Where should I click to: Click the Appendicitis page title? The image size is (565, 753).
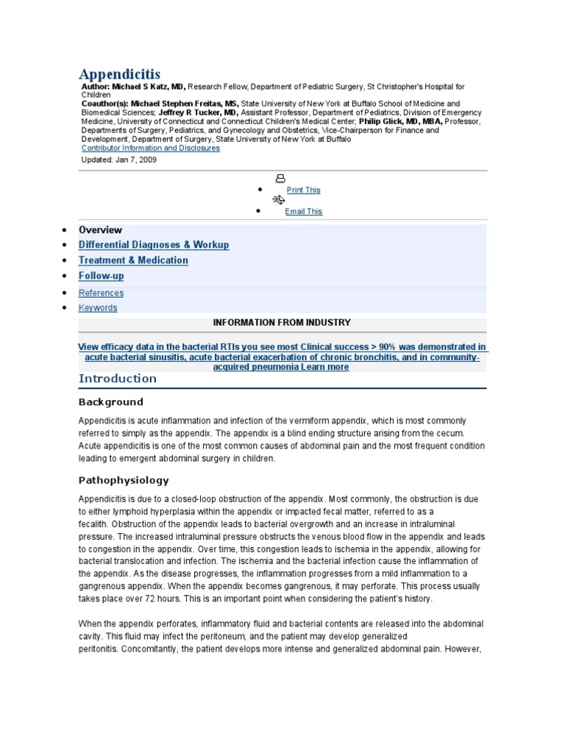click(119, 74)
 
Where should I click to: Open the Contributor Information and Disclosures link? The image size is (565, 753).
click(150, 148)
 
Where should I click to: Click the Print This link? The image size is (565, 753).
click(303, 190)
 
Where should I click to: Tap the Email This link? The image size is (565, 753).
click(303, 211)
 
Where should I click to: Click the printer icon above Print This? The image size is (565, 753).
click(280, 179)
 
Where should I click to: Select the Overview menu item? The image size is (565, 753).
click(100, 229)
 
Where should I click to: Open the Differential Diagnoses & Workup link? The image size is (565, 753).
click(154, 245)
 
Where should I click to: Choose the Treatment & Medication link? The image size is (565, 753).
click(133, 260)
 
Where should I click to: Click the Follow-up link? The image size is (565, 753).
click(102, 276)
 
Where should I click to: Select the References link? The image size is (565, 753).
click(101, 293)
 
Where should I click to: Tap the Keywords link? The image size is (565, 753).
click(98, 308)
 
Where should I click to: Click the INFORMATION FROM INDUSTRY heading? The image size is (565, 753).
click(282, 323)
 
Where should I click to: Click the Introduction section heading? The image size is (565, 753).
click(118, 379)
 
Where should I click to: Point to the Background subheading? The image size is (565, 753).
click(110, 402)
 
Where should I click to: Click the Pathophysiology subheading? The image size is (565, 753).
click(124, 480)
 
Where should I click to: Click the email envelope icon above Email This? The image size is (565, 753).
click(278, 199)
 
